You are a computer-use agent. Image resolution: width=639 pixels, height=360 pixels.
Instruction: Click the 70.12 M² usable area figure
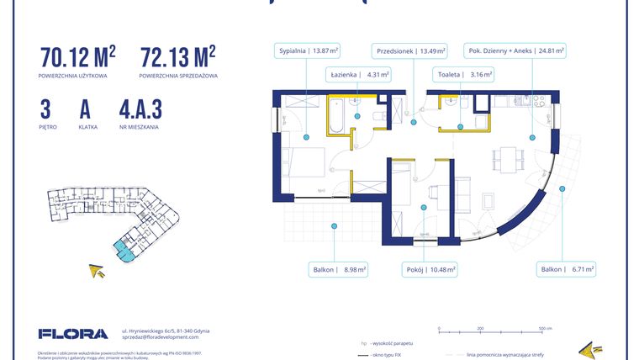coord(77,57)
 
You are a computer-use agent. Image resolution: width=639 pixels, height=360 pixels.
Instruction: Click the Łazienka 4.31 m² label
coord(359,75)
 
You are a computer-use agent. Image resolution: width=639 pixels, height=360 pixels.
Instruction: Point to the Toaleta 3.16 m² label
coord(463,75)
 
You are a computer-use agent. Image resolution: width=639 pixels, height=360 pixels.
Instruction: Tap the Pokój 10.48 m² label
coord(429,270)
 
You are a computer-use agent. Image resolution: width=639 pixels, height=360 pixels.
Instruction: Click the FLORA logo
coord(73,334)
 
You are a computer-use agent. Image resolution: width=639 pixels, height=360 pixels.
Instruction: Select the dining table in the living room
coord(504,156)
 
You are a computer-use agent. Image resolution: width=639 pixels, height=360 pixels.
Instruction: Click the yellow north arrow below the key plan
coord(98,271)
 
